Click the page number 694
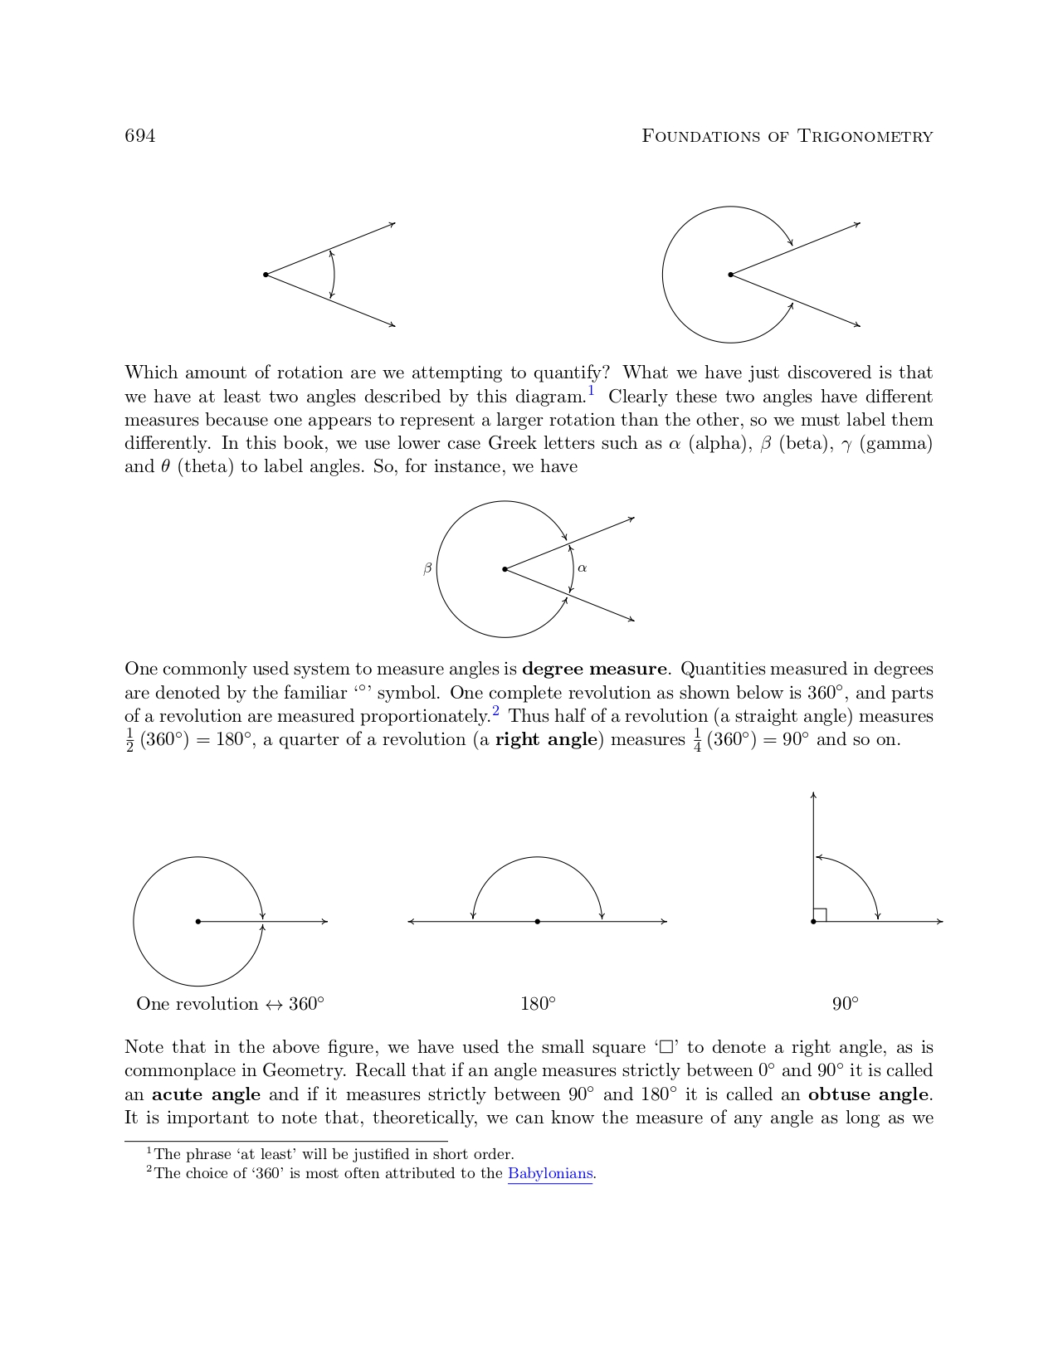pyautogui.click(x=139, y=136)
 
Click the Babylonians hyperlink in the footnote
pyautogui.click(x=550, y=1173)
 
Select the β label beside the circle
pyautogui.click(x=427, y=569)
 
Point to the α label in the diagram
pyautogui.click(x=583, y=568)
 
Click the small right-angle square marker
pyautogui.click(x=820, y=914)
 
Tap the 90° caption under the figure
pyautogui.click(x=845, y=1004)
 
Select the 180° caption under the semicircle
pyautogui.click(x=538, y=1004)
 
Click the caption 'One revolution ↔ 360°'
pyautogui.click(x=230, y=1004)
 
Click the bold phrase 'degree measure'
pyautogui.click(x=594, y=669)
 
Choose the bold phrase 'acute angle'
pyautogui.click(x=206, y=1094)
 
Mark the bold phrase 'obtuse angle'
pyautogui.click(x=869, y=1094)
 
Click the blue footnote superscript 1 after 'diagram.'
pyautogui.click(x=592, y=390)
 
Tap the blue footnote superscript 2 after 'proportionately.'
pyautogui.click(x=495, y=710)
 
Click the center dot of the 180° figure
pyautogui.click(x=538, y=921)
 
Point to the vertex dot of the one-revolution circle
pyautogui.click(x=198, y=921)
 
